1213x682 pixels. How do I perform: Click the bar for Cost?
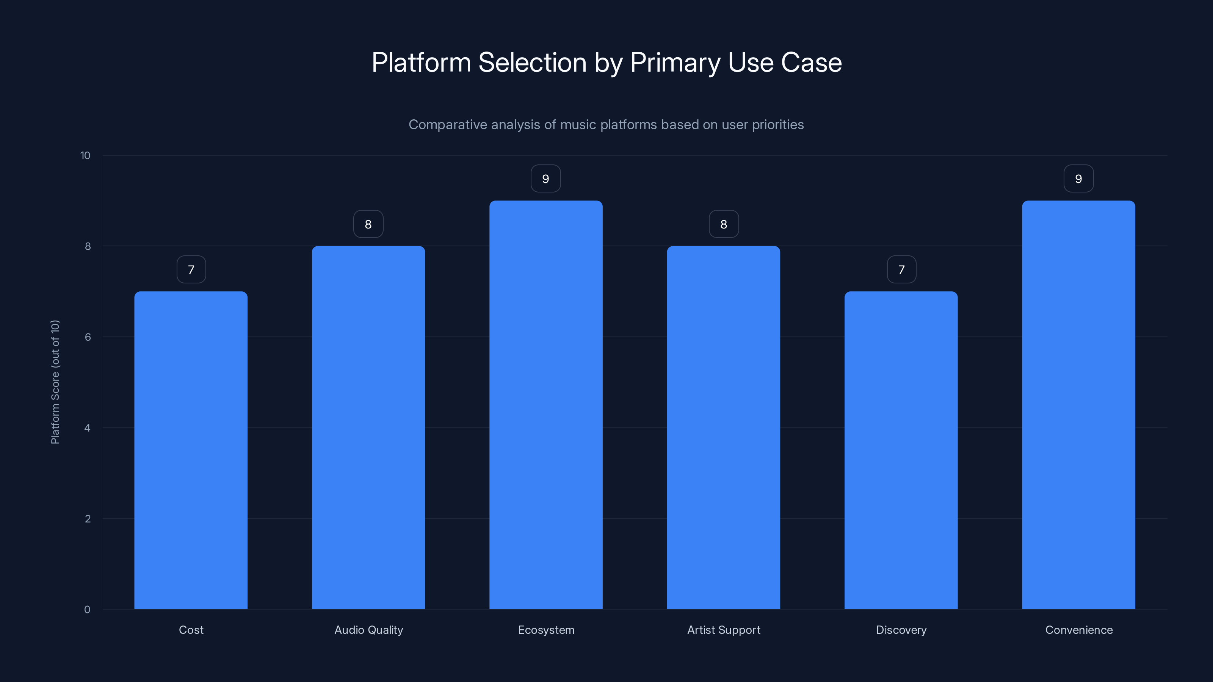[191, 450]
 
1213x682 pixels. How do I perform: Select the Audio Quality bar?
[368, 427]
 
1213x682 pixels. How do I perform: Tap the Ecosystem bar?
[546, 405]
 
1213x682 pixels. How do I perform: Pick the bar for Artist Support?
[723, 427]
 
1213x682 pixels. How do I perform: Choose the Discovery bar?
[901, 450]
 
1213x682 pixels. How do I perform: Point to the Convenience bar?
[1078, 405]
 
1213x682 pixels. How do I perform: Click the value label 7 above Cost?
[191, 270]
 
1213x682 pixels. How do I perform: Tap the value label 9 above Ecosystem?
[546, 179]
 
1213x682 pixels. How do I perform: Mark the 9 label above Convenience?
[1078, 179]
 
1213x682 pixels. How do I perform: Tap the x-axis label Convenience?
[1079, 630]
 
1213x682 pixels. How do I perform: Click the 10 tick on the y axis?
[85, 155]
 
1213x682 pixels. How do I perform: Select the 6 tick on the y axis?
[88, 337]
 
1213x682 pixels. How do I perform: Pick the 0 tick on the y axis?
[87, 610]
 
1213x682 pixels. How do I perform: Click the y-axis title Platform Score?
[55, 382]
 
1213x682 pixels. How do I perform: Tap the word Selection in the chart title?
[532, 63]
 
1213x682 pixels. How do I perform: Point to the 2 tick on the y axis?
[88, 519]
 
